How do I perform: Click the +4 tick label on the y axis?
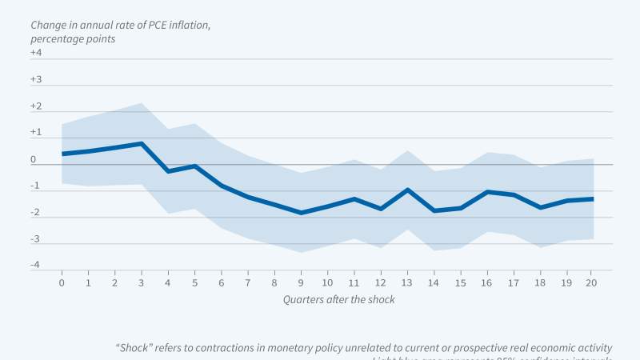(35, 53)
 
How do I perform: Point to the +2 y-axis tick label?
(35, 106)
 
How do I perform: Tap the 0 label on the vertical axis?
(34, 160)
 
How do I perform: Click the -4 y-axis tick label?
(35, 266)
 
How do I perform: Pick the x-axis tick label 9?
(301, 282)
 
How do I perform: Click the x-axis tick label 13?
(407, 282)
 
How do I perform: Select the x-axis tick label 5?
(194, 282)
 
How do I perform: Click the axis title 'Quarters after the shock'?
(338, 299)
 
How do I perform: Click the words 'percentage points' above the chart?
(73, 38)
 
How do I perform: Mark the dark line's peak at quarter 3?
(142, 143)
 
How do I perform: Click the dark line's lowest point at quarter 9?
(301, 213)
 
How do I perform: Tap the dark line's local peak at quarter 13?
(407, 190)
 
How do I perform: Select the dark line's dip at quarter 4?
(168, 171)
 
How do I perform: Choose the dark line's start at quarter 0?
(62, 154)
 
